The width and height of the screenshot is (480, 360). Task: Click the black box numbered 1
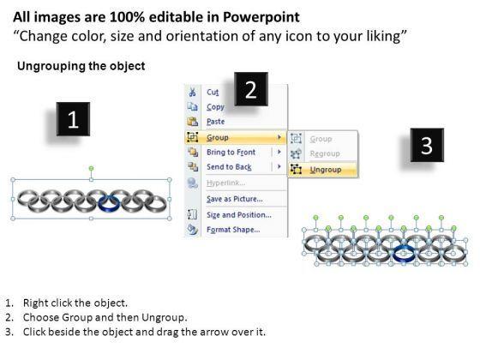pos(73,119)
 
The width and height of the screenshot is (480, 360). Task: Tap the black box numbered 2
pos(251,89)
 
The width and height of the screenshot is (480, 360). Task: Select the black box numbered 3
pos(427,145)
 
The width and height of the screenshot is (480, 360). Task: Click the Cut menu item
pos(213,93)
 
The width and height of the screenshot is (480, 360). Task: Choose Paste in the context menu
pos(215,122)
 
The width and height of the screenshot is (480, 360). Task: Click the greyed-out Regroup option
pos(325,153)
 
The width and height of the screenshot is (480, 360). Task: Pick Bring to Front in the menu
pos(231,153)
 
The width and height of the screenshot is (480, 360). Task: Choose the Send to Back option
pos(229,167)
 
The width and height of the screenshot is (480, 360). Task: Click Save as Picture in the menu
pos(235,199)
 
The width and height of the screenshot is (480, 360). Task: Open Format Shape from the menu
pos(233,230)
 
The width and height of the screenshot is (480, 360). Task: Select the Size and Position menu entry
pos(239,215)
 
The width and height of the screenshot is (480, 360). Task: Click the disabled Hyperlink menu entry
pos(225,183)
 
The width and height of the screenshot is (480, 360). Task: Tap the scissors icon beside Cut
pos(192,92)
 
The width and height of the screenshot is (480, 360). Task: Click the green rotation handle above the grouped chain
pos(91,168)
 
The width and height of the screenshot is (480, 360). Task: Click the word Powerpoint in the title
pos(261,17)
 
